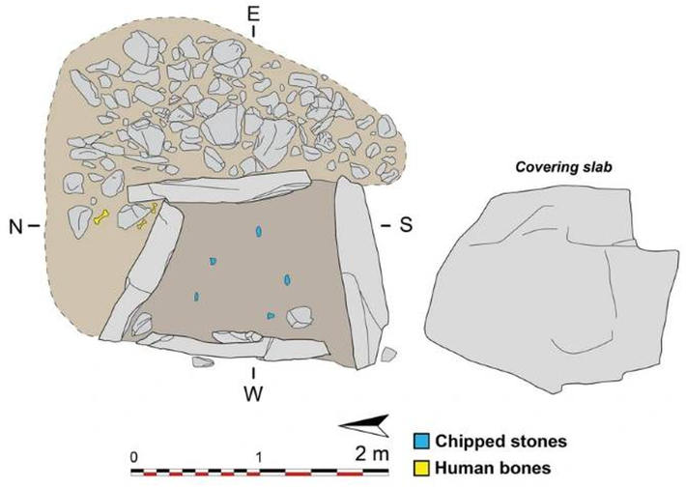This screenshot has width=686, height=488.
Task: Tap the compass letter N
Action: click(17, 225)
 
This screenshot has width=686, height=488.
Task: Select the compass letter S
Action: click(406, 225)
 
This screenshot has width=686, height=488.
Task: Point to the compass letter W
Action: click(254, 393)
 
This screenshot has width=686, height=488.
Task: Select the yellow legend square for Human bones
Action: click(421, 467)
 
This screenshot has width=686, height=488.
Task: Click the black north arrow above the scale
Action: click(363, 423)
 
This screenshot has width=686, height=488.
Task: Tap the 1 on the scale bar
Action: click(259, 454)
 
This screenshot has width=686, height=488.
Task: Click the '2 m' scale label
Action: click(372, 452)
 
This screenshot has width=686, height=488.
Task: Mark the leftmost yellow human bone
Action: click(100, 219)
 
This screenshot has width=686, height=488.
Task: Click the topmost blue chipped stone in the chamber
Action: click(258, 232)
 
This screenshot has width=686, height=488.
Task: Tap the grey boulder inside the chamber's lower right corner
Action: click(300, 316)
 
